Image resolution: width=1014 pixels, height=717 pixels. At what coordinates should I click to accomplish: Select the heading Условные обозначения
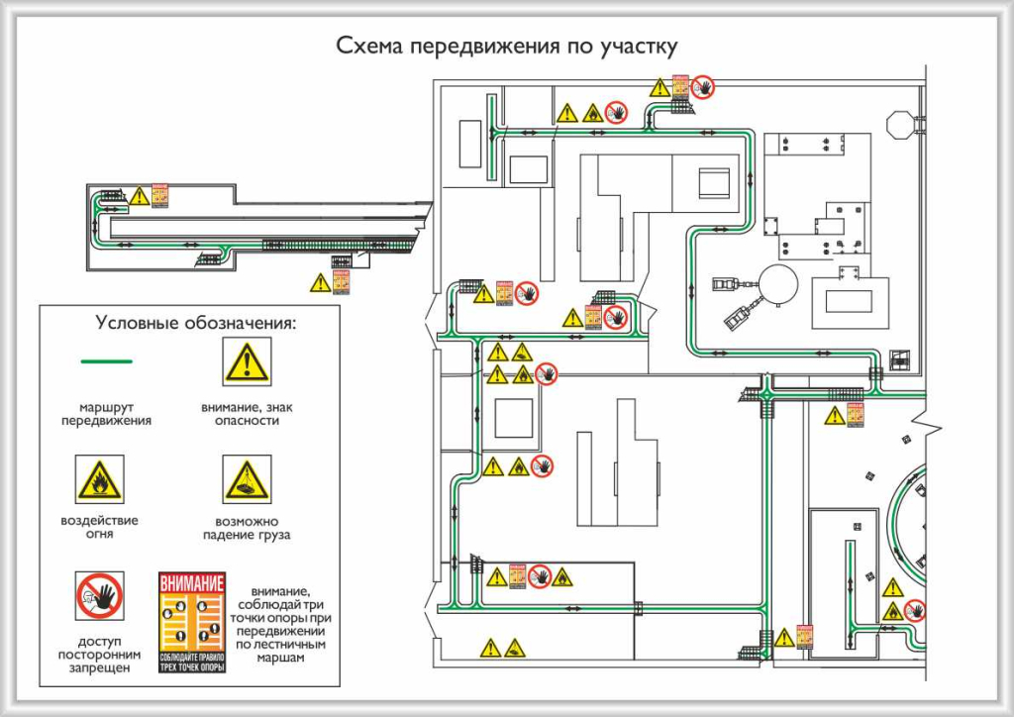pyautogui.click(x=196, y=322)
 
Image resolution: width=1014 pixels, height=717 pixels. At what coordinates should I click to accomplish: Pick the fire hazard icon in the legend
pyautogui.click(x=100, y=480)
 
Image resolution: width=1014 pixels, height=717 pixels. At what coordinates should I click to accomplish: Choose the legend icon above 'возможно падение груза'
pyautogui.click(x=247, y=480)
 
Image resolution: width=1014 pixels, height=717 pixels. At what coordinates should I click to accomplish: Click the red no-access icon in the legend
pyautogui.click(x=100, y=596)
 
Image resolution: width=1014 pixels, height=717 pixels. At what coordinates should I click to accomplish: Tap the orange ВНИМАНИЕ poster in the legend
pyautogui.click(x=192, y=622)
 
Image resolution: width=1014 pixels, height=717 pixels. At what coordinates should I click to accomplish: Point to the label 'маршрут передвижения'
pyautogui.click(x=106, y=414)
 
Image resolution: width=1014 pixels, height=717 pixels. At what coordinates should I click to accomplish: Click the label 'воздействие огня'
pyautogui.click(x=99, y=527)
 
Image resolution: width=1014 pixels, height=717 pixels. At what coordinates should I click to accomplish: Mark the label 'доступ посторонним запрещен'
pyautogui.click(x=100, y=655)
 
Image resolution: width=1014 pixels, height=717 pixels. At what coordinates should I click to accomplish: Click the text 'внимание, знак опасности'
pyautogui.click(x=247, y=414)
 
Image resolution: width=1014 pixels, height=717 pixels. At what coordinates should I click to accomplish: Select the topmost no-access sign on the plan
pyautogui.click(x=703, y=87)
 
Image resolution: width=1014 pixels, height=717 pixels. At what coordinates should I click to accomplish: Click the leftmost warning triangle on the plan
pyautogui.click(x=139, y=196)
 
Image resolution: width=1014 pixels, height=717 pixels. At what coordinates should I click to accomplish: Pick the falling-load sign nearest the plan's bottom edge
pyautogui.click(x=515, y=649)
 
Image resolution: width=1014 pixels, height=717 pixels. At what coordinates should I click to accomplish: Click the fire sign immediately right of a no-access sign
pyautogui.click(x=561, y=575)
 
